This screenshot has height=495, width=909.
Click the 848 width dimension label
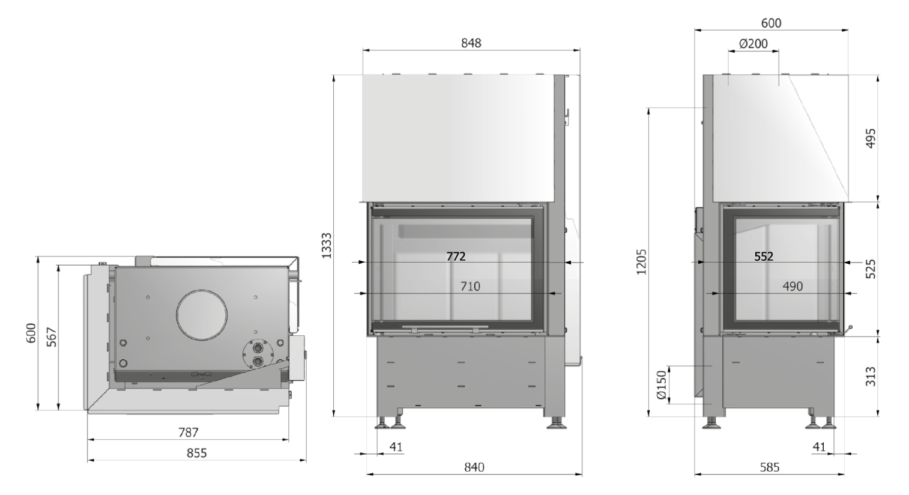coord(471,43)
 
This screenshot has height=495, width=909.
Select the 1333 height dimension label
coord(327,246)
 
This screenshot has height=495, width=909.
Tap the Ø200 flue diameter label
coord(753,43)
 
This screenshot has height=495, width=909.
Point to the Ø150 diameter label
coord(662,385)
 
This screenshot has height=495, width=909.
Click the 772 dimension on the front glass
coord(456,257)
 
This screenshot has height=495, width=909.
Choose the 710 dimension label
coord(470,287)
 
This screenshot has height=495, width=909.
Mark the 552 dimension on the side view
coord(764,257)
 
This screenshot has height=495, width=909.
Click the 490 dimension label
coord(793,287)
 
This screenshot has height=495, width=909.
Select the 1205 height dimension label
coord(641,262)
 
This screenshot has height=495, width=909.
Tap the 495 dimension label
coord(871,139)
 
